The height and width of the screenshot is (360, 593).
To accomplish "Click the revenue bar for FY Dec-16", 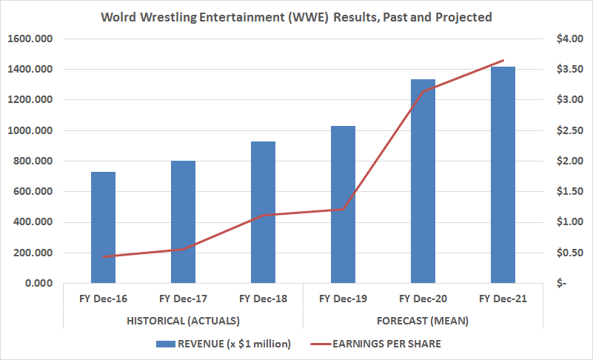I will click(x=103, y=227).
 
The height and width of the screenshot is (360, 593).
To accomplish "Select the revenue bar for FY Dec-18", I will click(x=263, y=212).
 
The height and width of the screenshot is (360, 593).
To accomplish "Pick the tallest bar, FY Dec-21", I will click(x=503, y=175).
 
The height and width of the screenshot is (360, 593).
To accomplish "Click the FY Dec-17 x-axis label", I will click(x=183, y=299).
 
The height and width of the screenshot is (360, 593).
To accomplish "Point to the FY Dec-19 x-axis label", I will click(x=343, y=299).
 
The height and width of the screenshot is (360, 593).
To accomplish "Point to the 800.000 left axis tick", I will click(x=33, y=161).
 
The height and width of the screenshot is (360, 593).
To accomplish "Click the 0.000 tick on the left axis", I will click(x=37, y=283).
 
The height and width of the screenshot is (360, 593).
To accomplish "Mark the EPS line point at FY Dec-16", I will click(x=103, y=256).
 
